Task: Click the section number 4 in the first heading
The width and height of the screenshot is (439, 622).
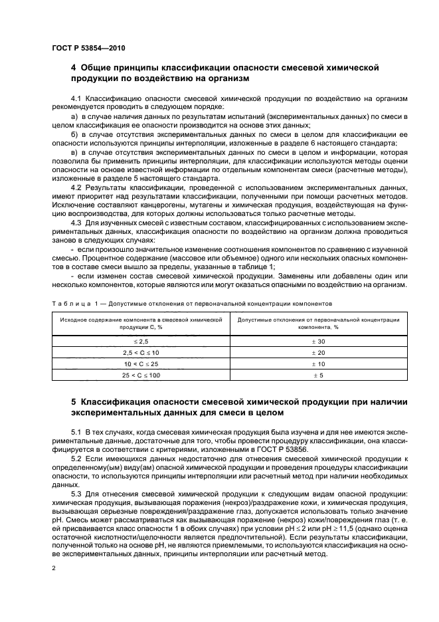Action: click(x=74, y=68)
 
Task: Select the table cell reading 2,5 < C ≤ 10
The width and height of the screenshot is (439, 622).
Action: click(x=140, y=352)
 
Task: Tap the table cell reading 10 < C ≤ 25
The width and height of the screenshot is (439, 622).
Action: click(x=140, y=364)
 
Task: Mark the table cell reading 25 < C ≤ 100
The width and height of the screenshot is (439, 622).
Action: click(x=140, y=376)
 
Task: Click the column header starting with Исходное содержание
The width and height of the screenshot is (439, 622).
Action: click(x=140, y=323)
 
